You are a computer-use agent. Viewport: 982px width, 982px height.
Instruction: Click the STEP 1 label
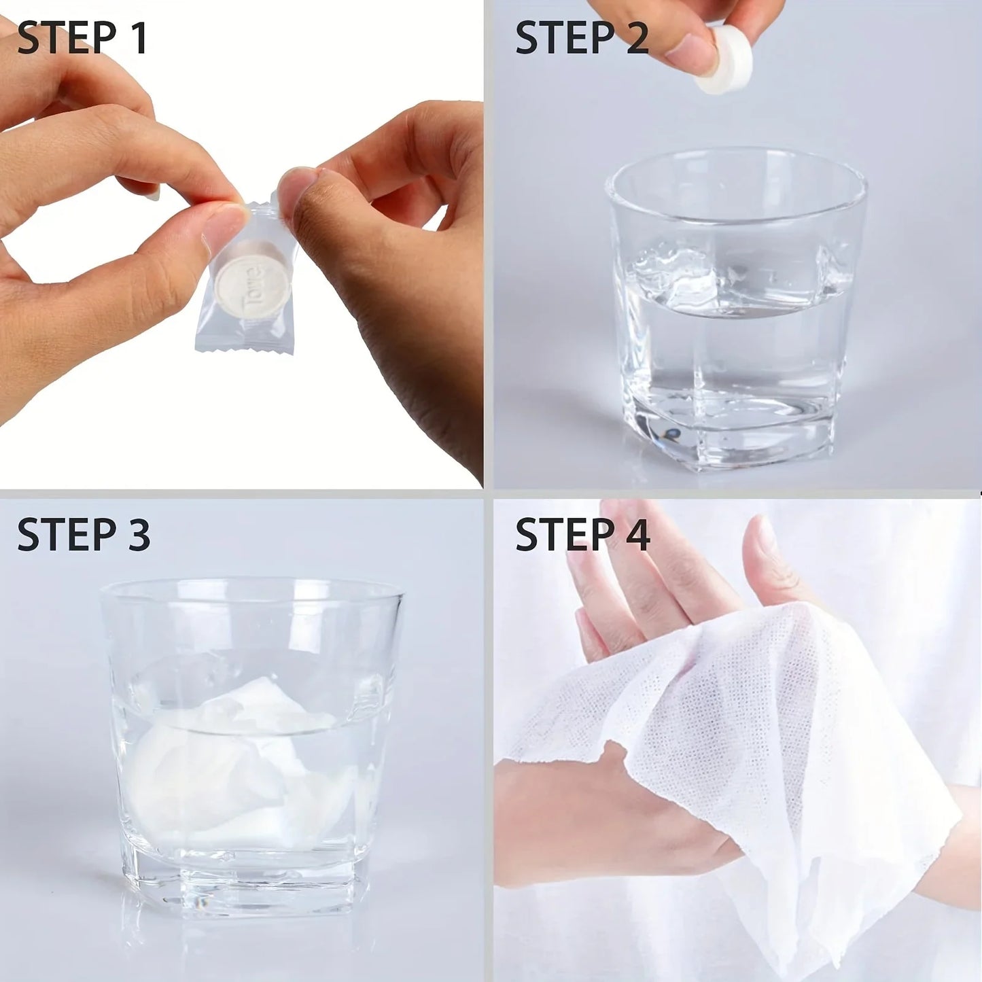pyautogui.click(x=82, y=38)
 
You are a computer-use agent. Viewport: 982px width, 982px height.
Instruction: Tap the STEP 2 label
pyautogui.click(x=582, y=38)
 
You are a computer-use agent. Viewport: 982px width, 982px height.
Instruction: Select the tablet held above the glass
pyautogui.click(x=722, y=68)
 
